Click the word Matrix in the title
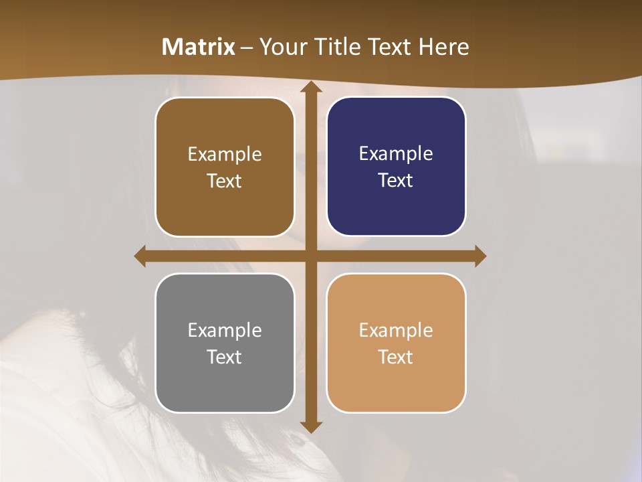coord(199,47)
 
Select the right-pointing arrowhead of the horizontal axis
coord(479,256)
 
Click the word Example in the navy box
coord(396,153)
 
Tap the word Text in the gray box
coord(225,357)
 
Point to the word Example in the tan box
coord(396,330)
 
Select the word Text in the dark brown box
coord(225,181)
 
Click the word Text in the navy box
coord(396,180)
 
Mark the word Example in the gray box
coord(225,330)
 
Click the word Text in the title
coord(390,47)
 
